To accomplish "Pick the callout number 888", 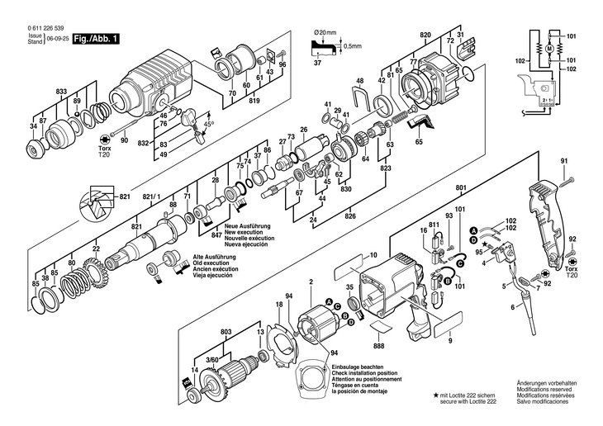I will (379, 348).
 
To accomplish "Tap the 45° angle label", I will (208, 123).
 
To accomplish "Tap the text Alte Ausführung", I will (214, 257).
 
